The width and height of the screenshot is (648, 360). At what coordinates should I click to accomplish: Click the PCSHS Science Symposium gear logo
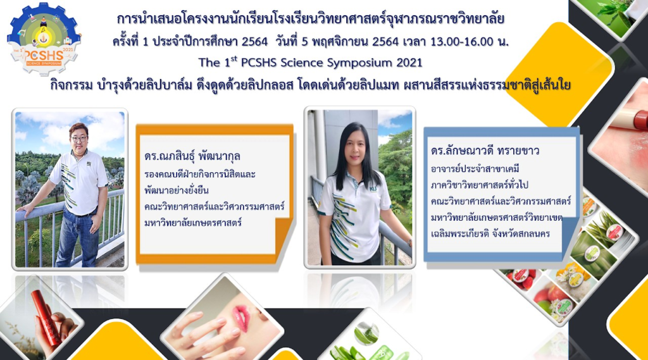44,39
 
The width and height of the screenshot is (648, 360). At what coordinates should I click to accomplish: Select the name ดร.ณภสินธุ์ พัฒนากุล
192,156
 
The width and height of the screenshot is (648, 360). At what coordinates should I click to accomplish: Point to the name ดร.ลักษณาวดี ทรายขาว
485,151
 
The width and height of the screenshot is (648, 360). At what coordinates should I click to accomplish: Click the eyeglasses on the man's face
78,139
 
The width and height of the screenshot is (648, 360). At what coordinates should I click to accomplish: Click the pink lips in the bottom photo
240,319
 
